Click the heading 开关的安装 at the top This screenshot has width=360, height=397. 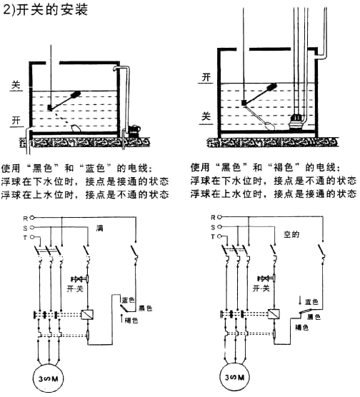click(52, 9)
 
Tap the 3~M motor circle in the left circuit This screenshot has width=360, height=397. click(48, 378)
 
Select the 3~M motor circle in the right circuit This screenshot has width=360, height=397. click(235, 377)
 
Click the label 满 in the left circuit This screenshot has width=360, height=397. click(99, 228)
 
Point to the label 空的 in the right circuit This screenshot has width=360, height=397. click(291, 234)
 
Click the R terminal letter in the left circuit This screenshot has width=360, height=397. click(25, 218)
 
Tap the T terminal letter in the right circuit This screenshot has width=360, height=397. click(213, 236)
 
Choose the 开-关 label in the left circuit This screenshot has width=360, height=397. click(75, 288)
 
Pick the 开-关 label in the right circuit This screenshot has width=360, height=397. click(261, 288)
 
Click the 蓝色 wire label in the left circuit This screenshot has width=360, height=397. click(128, 300)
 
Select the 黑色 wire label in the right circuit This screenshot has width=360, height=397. click(314, 317)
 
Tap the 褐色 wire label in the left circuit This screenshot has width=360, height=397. click(131, 321)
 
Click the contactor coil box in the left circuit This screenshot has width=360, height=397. click(87, 314)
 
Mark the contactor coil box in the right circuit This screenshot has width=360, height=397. click(274, 314)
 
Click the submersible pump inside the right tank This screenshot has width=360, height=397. click(297, 122)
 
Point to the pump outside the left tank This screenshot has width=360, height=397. click(134, 131)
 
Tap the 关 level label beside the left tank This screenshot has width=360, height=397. click(16, 85)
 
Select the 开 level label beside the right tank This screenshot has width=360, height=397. click(206, 77)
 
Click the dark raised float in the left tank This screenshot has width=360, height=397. click(76, 95)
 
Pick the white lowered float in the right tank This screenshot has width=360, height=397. click(269, 126)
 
